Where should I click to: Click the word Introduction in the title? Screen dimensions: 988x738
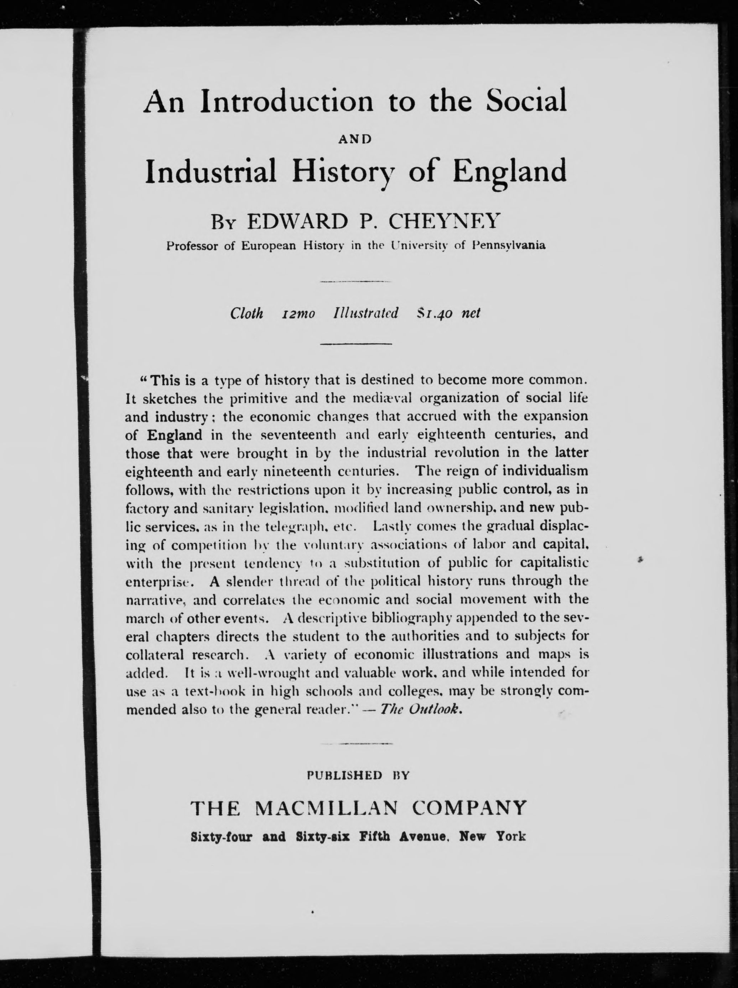coord(286,102)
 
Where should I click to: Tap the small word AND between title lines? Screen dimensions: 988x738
coord(355,139)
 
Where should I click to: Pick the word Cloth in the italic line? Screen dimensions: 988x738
coord(246,313)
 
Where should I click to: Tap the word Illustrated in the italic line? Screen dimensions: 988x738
coord(365,313)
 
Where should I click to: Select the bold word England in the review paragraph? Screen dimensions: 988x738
coord(175,435)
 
